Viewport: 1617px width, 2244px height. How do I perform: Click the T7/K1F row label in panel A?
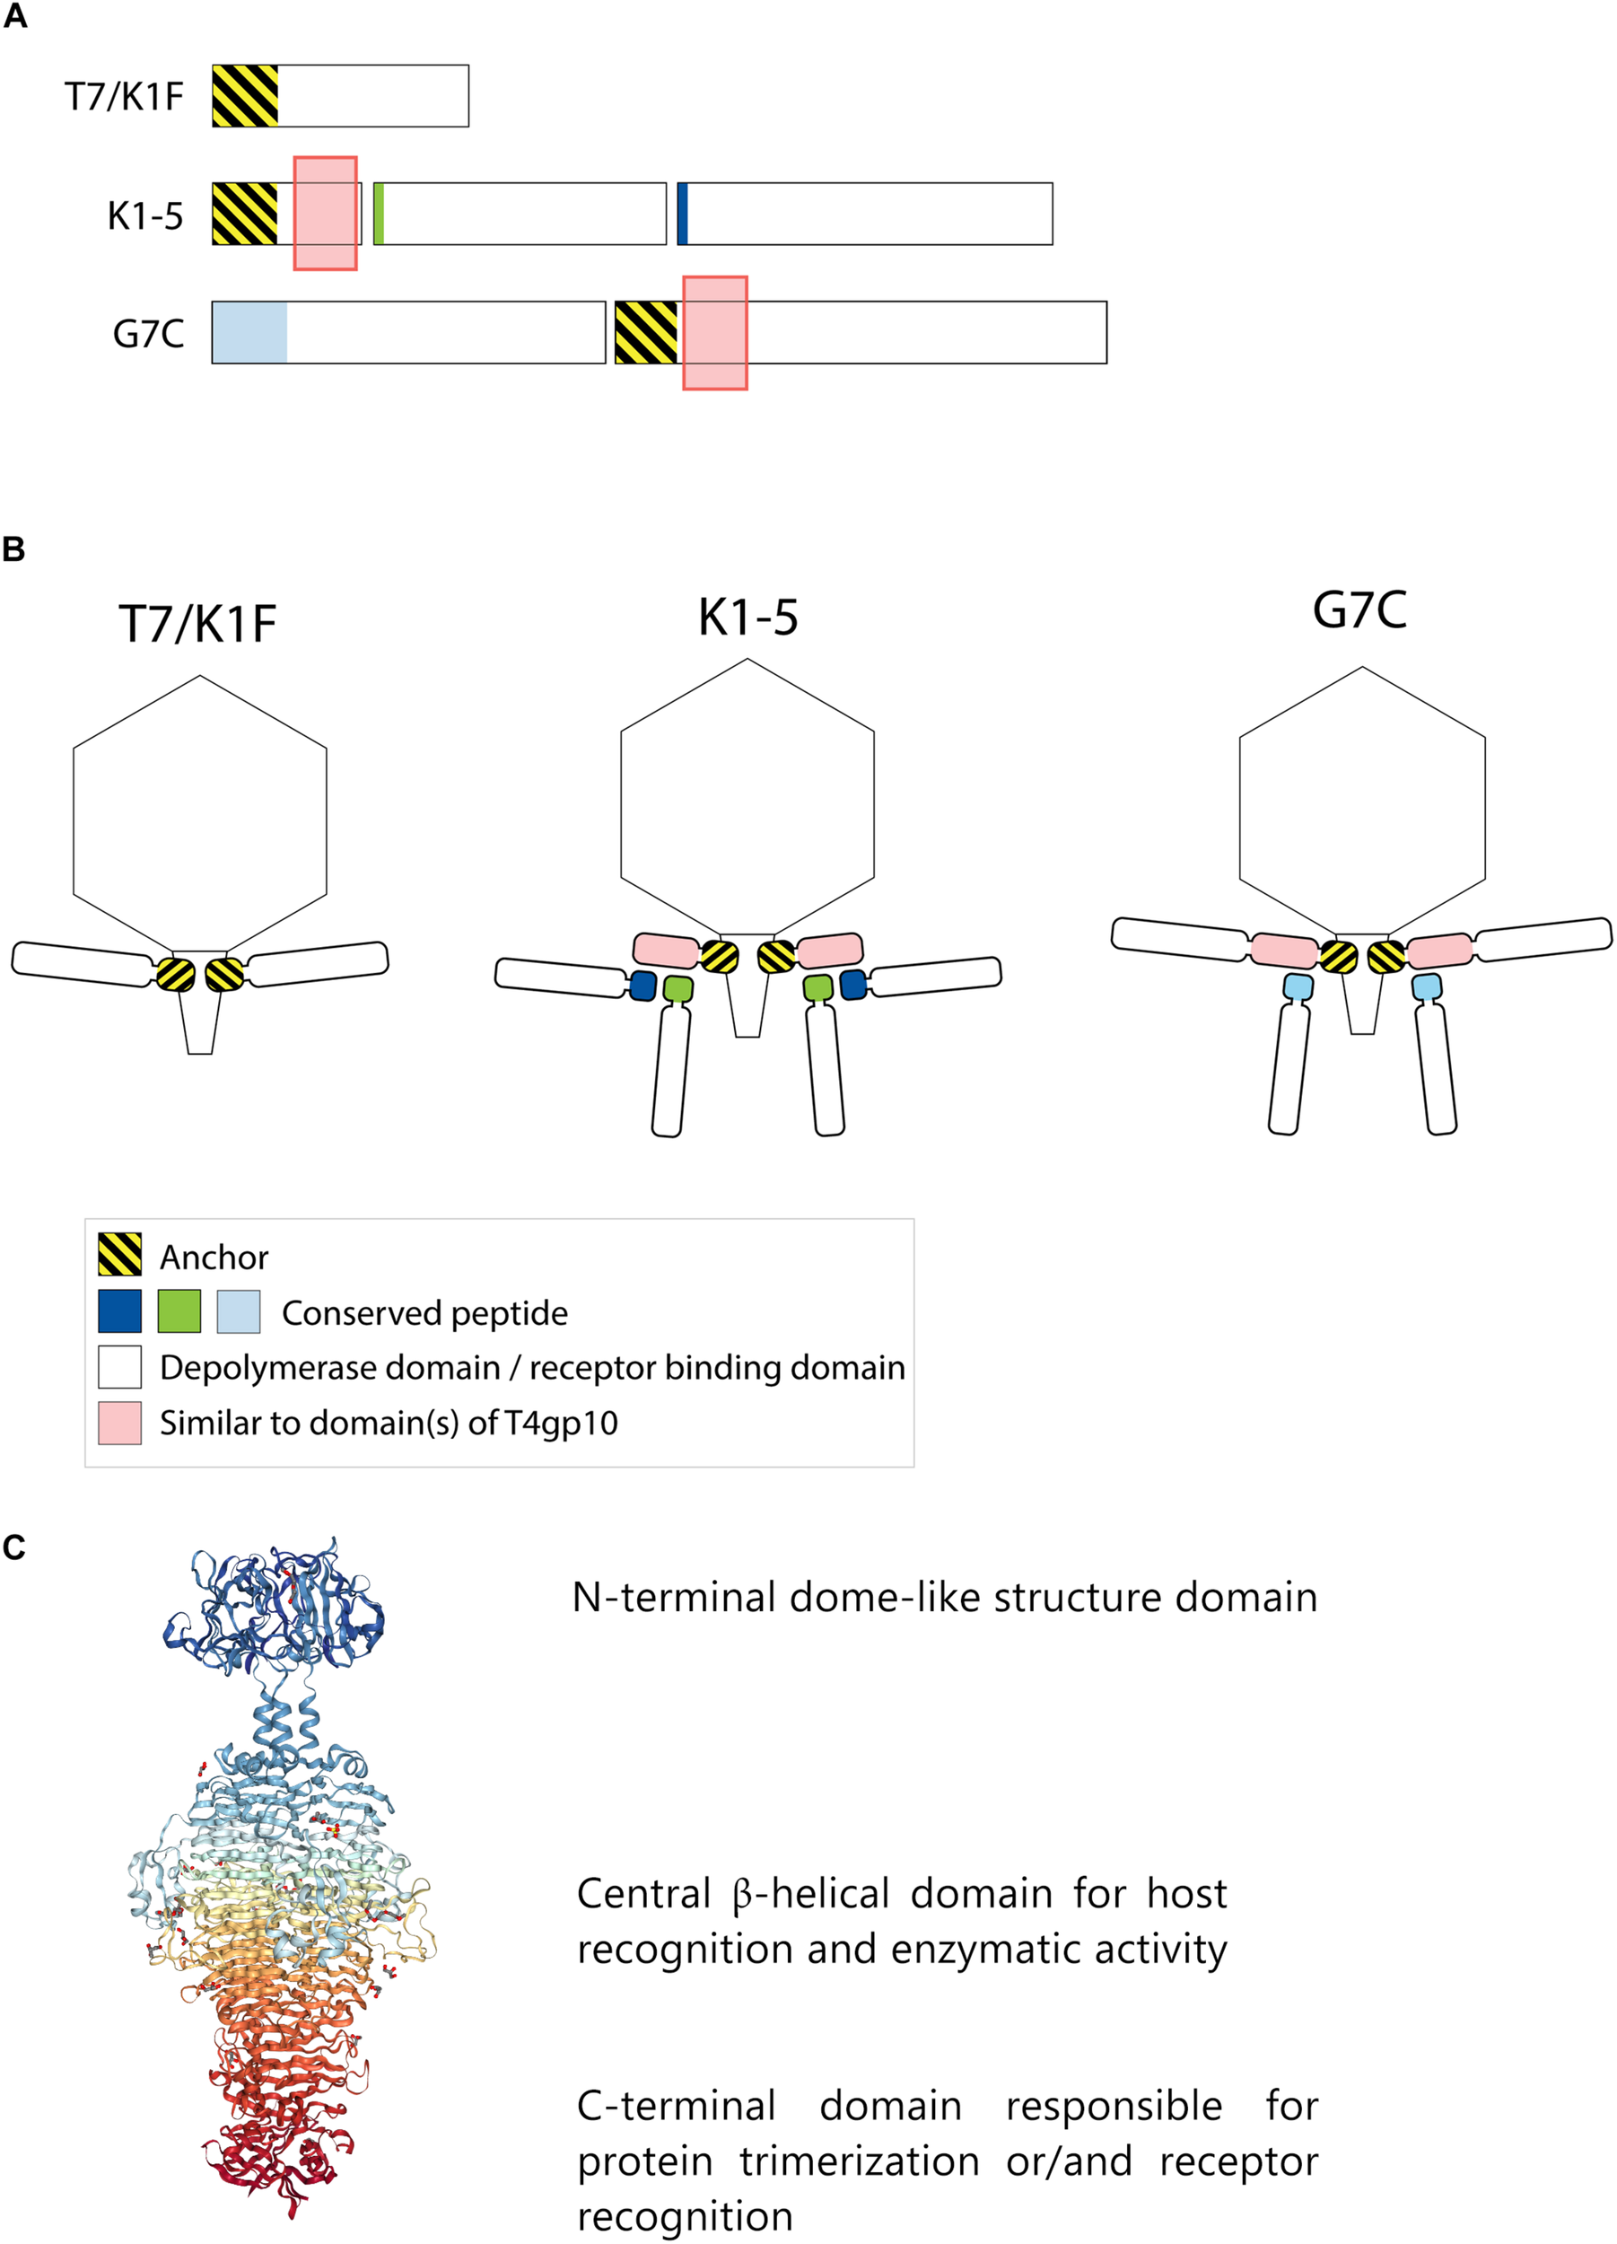point(124,97)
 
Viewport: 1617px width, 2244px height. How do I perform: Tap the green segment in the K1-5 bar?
point(379,214)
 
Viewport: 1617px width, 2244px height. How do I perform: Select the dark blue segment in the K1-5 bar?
point(682,214)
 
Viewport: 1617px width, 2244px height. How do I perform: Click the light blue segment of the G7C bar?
point(249,332)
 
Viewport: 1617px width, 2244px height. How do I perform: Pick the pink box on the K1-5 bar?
point(326,213)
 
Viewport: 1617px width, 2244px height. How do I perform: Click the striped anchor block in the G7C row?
point(647,333)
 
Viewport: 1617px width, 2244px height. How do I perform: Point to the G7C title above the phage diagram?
point(1359,609)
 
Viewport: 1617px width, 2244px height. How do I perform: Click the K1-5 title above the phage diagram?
point(747,617)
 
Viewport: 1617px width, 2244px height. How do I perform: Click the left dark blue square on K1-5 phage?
point(642,985)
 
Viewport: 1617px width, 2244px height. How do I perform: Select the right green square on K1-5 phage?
point(817,987)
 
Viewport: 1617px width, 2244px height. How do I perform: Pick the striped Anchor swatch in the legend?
point(119,1255)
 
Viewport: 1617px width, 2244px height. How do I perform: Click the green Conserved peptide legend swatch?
point(179,1311)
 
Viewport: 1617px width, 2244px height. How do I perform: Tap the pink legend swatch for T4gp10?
point(119,1423)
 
